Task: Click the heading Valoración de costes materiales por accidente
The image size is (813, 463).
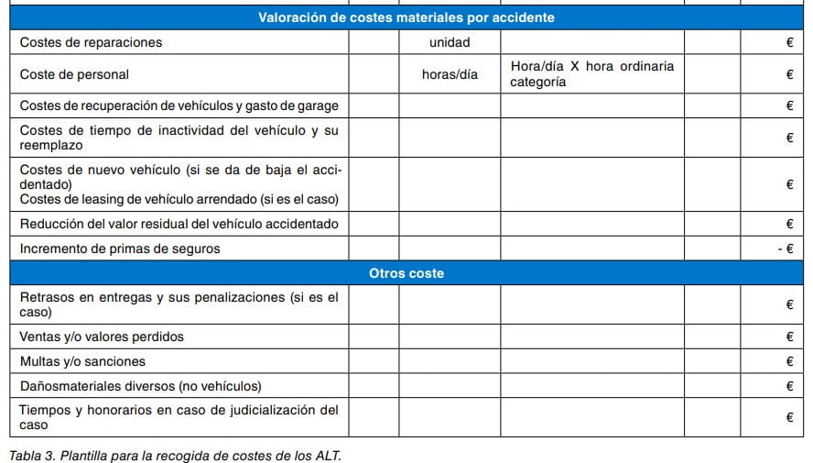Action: coord(406,17)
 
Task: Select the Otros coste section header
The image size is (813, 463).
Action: coord(406,273)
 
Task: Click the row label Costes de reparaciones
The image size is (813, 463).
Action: coord(91,42)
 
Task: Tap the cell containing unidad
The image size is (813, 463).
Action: coord(449,42)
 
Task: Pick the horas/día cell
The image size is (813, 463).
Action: coord(449,74)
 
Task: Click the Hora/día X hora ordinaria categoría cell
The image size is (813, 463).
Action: coord(591,74)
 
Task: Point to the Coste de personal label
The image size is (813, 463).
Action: coord(74,74)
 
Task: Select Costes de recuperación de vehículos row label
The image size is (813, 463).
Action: coord(179,106)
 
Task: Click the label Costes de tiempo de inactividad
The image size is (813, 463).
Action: coord(179,138)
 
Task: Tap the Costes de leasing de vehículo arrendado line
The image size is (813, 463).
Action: coord(179,199)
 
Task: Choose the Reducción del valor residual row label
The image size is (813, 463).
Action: coord(179,224)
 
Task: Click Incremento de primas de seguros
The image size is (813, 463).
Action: coord(120,248)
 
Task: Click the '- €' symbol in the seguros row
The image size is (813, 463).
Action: coord(784,248)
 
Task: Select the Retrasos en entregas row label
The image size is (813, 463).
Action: coord(179,304)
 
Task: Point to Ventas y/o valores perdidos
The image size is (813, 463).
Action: coord(102,336)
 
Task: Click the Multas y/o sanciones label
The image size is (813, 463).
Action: coord(82,361)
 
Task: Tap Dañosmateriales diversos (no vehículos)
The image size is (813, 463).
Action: coord(140,386)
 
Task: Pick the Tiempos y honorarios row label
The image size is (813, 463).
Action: coord(179,417)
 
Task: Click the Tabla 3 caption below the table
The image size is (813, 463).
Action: coord(175,455)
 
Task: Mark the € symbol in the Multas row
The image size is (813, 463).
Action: coord(789,361)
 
